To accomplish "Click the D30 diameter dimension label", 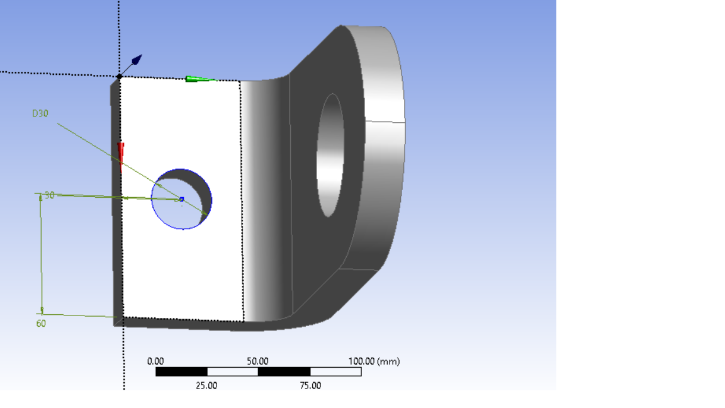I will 40,113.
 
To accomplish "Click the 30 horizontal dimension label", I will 49,195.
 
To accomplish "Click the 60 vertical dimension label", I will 41,324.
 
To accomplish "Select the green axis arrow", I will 199,79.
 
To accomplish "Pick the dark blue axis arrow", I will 135,61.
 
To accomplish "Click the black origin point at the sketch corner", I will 119,76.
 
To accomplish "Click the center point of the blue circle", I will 182,200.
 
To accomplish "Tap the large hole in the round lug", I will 330,154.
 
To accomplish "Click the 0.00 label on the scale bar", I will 155,361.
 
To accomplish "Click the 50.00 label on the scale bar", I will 257,361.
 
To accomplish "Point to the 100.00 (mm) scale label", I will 374,361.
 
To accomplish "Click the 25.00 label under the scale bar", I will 206,385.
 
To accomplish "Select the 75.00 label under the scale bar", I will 309,385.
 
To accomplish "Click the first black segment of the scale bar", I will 181,371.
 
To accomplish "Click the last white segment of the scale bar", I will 335,371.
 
